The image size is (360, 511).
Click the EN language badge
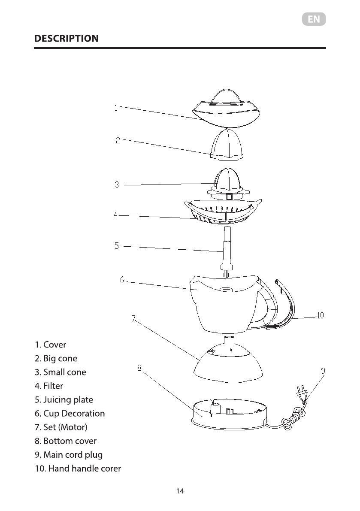coord(314,19)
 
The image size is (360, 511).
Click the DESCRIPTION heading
coord(66,39)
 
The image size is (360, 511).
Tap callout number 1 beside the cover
coord(116,108)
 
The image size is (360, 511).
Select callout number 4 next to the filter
coord(115,215)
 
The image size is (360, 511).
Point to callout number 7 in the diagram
coord(134,318)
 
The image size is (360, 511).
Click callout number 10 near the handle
coord(320,316)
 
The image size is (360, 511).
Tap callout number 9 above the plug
coord(323,370)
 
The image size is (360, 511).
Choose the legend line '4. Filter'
coord(49,386)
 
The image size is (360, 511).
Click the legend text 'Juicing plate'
coord(68,399)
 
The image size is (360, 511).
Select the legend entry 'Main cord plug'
coord(73,454)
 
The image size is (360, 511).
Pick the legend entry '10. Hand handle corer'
coord(78,468)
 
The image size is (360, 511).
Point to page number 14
coord(180,491)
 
